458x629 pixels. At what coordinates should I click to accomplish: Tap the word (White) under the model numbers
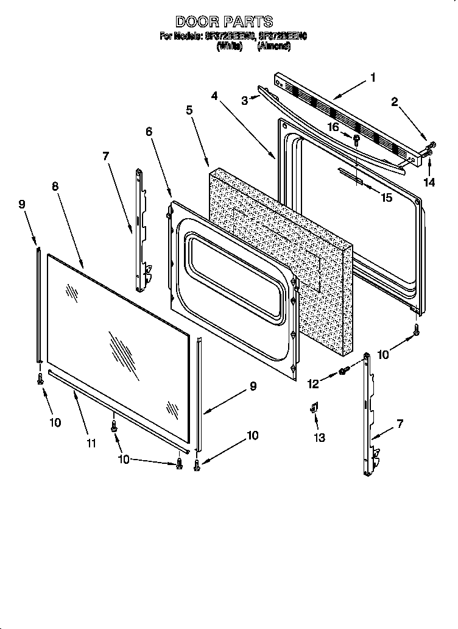pos(229,46)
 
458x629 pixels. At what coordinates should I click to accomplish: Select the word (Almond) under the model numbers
pos(273,46)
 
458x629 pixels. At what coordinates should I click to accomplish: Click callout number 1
pos(373,77)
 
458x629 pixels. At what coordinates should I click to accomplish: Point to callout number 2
pos(395,102)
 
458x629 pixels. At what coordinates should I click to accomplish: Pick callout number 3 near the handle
pos(244,101)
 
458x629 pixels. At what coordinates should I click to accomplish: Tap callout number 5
pos(189,110)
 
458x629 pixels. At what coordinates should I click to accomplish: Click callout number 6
pos(149,131)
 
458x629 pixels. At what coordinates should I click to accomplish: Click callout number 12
pos(314,383)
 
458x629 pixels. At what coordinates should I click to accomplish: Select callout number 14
pos(430,182)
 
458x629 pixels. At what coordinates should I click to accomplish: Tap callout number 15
pos(386,197)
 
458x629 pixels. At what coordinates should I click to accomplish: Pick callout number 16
pos(333,127)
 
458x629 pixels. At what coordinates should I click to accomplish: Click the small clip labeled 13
pos(317,409)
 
